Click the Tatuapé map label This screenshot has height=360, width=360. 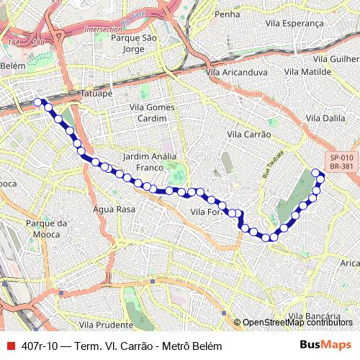coord(98,93)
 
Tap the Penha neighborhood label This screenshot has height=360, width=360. coord(226,14)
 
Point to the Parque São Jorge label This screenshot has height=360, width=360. coord(130,43)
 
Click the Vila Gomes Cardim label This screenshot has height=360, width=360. coord(152,112)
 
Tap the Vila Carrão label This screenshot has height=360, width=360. coord(248,135)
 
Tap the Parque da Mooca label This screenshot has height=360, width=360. coord(46,228)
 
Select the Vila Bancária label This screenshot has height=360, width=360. coord(313,316)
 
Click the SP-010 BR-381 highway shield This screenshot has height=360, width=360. coord(341,162)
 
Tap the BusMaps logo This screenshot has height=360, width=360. coord(326,346)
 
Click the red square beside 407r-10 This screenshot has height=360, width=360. coord(10,346)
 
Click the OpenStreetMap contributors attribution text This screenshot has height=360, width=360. coord(297,323)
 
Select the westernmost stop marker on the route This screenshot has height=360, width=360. coord(38,102)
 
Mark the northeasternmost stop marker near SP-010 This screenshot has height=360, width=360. coord(315,172)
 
